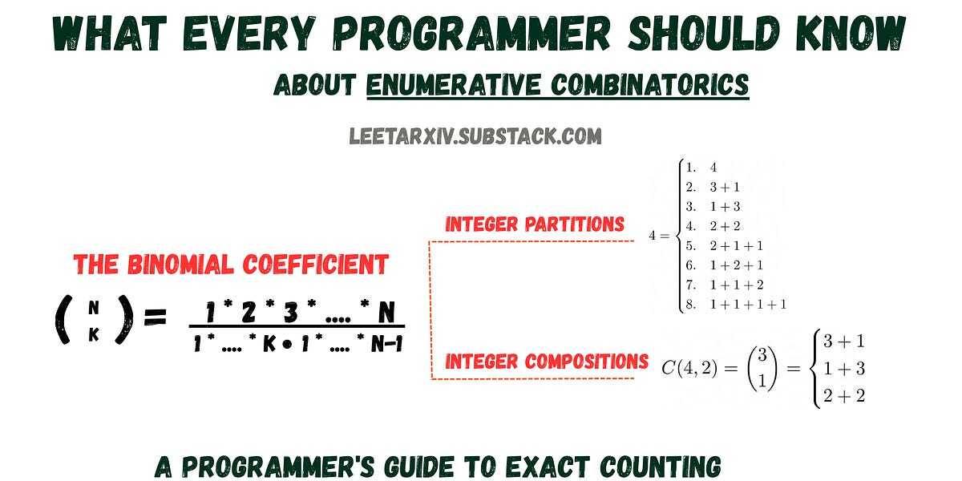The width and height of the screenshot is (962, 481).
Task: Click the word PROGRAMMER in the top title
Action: point(471,33)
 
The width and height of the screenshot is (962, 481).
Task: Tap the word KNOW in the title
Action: point(851,33)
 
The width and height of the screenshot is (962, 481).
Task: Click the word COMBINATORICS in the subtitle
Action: point(650,85)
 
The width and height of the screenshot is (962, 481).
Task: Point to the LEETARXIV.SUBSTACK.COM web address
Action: point(475,136)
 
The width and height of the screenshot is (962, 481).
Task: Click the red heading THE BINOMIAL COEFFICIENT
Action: point(231,264)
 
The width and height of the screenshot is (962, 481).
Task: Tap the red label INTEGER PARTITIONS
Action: point(535,224)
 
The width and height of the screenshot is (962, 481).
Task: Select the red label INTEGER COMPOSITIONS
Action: point(547,362)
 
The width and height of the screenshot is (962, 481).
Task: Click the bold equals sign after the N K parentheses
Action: point(155,318)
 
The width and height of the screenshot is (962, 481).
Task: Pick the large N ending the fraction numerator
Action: point(386,312)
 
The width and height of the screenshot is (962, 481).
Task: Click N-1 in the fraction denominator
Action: point(387,344)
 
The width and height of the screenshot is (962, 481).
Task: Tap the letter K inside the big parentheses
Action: point(94,334)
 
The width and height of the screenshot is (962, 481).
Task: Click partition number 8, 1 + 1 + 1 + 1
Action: point(736,305)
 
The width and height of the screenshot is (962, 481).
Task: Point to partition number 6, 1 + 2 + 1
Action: point(724,265)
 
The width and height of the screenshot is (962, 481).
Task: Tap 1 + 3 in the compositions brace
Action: point(844,369)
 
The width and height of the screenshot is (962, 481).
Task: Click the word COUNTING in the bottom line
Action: point(661,467)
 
